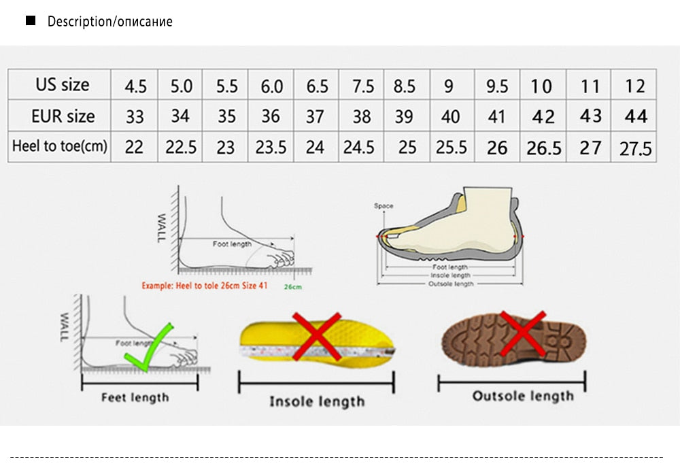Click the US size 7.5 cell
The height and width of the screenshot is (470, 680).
point(363,86)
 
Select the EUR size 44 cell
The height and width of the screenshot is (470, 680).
point(635,116)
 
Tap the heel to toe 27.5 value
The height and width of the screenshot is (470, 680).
point(635,148)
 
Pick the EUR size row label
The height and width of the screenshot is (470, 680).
point(63,116)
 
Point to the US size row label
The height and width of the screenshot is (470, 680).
point(63,85)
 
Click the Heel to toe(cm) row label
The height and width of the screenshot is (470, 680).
point(60,146)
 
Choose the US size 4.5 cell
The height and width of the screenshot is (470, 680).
point(135,86)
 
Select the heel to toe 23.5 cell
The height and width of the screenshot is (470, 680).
point(271,147)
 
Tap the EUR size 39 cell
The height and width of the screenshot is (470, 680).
point(404,116)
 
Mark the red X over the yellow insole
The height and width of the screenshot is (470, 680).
point(317,335)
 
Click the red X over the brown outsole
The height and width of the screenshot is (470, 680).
point(523,333)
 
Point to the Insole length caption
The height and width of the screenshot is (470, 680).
point(317,401)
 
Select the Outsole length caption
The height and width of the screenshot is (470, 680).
point(523,396)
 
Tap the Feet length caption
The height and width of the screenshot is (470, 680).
point(135,397)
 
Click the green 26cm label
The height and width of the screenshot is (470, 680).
point(292,287)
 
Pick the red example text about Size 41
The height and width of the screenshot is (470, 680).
point(204,286)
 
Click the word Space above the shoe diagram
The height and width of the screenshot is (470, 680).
point(384,205)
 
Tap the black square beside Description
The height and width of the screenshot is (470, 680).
point(30,21)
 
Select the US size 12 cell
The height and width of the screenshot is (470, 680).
point(635,86)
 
